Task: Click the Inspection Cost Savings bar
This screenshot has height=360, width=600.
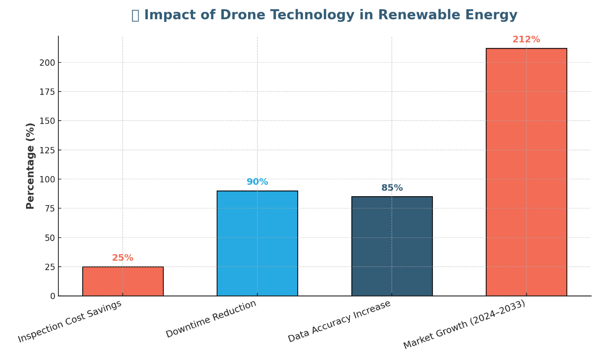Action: [123, 281]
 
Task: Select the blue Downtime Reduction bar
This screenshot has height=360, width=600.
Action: [257, 243]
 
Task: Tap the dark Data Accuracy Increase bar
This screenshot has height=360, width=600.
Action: [392, 246]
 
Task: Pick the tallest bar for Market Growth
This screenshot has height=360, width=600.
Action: [526, 172]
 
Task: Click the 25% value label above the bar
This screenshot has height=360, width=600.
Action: [123, 258]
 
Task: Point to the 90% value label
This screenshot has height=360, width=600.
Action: [257, 182]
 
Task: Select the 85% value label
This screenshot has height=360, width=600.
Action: [392, 188]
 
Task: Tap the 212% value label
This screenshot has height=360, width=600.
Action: [526, 39]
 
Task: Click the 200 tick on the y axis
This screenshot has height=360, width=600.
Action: [47, 63]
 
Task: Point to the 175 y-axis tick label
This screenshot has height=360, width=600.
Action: [47, 92]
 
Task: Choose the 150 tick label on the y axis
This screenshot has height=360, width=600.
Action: [47, 121]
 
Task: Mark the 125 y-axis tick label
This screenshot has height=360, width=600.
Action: [47, 150]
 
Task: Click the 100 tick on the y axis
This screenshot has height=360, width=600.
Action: [47, 179]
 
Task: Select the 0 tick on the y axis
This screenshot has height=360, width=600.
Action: [52, 296]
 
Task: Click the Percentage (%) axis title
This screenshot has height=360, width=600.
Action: [30, 166]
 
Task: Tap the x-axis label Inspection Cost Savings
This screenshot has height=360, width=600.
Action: [70, 321]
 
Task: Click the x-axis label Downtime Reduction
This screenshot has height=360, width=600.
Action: [211, 319]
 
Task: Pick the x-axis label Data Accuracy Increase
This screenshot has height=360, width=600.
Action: [339, 321]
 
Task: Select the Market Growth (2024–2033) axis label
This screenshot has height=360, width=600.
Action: [464, 324]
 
